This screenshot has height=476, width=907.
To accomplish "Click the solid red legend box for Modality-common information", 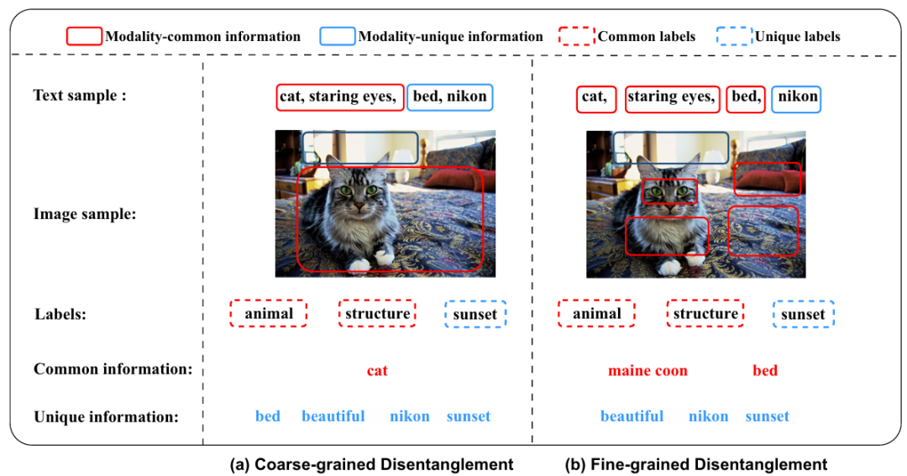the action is tap(84, 29).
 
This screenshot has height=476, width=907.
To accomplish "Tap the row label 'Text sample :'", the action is tap(79, 95).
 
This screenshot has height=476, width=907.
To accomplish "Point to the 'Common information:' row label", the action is tap(113, 369).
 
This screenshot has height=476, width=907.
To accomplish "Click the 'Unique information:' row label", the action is tap(106, 417).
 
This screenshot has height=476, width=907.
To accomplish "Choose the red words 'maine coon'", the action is tap(647, 371).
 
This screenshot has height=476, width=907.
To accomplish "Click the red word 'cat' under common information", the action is tap(377, 371).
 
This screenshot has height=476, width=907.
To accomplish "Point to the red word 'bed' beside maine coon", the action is tap(765, 370).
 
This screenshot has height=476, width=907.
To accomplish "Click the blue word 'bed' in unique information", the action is tap(268, 416).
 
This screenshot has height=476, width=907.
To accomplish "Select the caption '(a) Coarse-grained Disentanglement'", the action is tap(371, 464).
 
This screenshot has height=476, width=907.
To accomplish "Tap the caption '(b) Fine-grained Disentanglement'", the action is tap(696, 464).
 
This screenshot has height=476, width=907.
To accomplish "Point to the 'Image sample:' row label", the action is tap(85, 214).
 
